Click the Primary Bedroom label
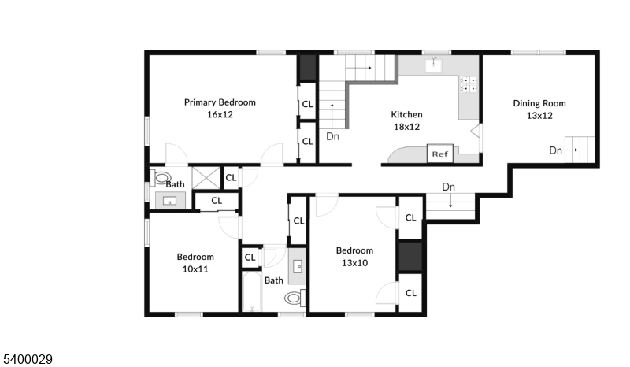[x=220, y=102]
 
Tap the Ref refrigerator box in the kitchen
[x=440, y=153]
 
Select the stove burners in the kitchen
[x=469, y=84]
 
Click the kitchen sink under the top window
[x=434, y=65]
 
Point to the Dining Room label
[x=539, y=103]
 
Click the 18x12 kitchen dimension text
[x=406, y=127]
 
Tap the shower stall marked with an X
[x=206, y=178]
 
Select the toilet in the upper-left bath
[x=161, y=178]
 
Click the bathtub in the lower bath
[x=252, y=291]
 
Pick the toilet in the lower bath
[x=295, y=298]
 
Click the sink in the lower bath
[x=298, y=266]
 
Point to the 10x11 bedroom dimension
[x=195, y=269]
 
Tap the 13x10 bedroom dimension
[x=354, y=263]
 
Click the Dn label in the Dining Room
[x=555, y=150]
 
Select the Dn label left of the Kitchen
[x=332, y=136]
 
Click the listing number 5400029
[x=28, y=359]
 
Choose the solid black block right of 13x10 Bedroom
[x=410, y=257]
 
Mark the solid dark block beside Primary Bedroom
[x=307, y=68]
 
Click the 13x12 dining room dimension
[x=539, y=115]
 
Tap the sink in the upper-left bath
[x=170, y=200]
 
